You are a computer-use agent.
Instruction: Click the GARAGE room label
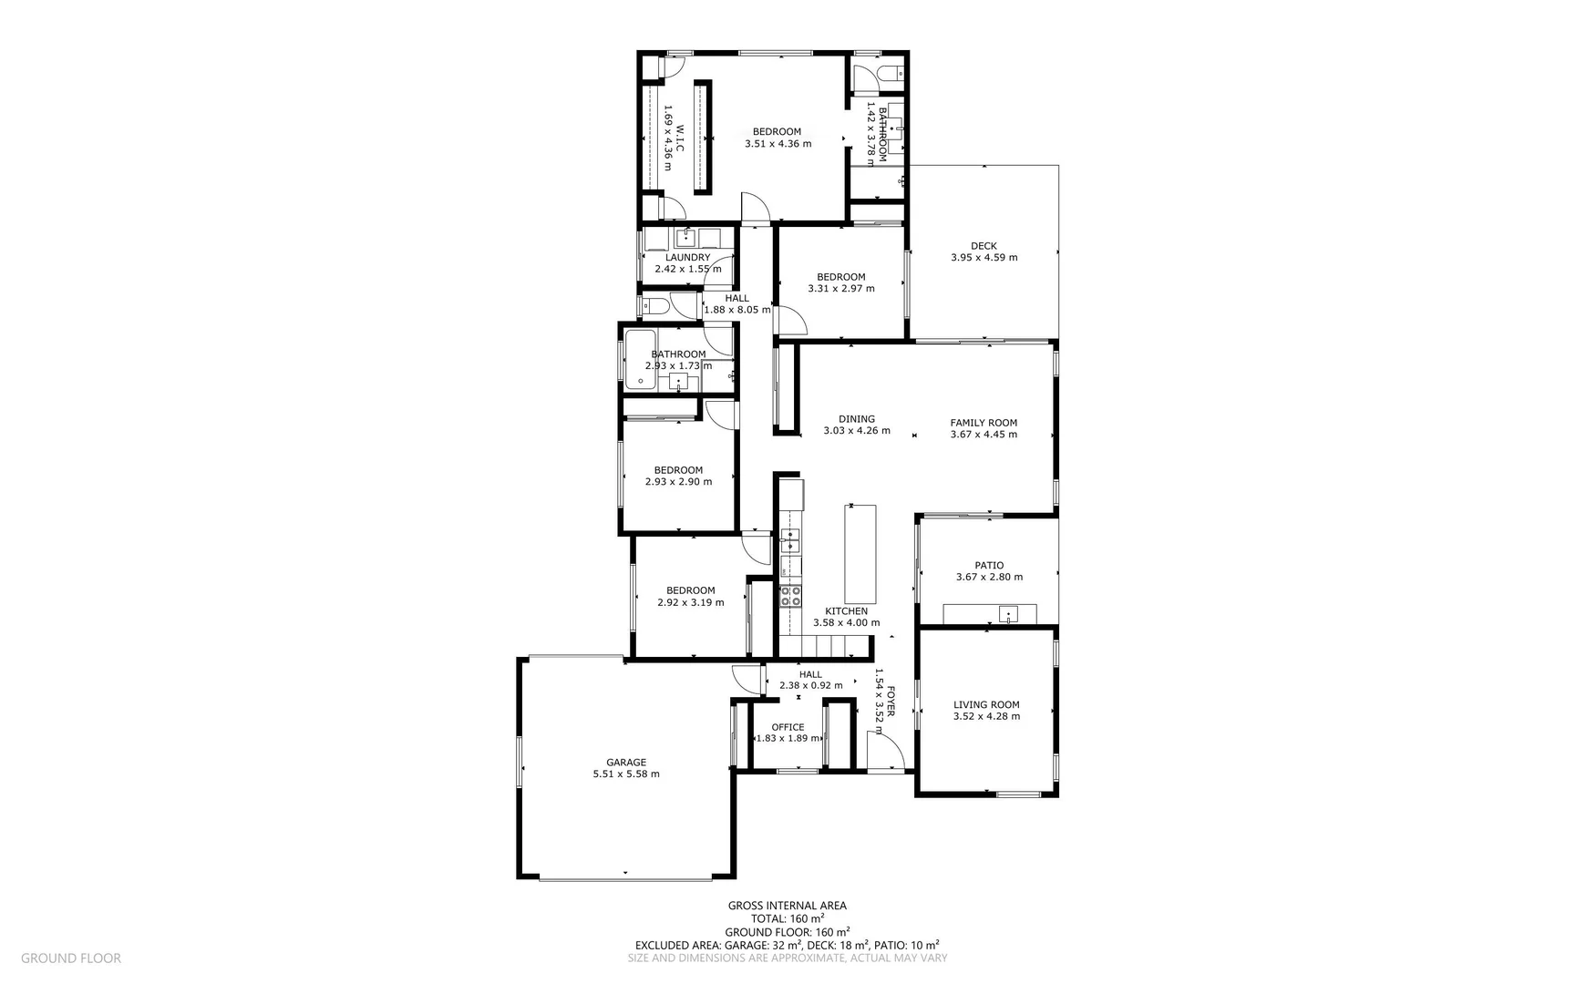[x=626, y=763]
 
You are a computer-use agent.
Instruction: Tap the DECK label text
[x=984, y=246]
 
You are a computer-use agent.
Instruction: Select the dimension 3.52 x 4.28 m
[x=986, y=716]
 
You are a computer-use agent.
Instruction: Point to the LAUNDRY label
[x=687, y=258]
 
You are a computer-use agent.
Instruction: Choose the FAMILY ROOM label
[x=984, y=423]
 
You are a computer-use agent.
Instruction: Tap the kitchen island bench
[x=860, y=554]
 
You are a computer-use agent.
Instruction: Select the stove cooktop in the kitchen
[x=789, y=596]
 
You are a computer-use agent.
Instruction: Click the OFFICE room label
[x=788, y=727]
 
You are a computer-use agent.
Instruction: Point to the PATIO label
[x=989, y=566]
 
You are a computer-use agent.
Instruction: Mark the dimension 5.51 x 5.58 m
[x=626, y=774]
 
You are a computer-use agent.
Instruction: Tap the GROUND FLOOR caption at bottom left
[x=71, y=958]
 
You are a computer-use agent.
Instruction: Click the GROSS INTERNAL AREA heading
[x=787, y=906]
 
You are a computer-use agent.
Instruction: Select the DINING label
[x=857, y=419]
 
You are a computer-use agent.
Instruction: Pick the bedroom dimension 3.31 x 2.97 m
[x=840, y=289]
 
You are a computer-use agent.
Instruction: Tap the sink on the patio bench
[x=1008, y=614]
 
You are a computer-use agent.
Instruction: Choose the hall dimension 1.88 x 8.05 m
[x=736, y=310]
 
